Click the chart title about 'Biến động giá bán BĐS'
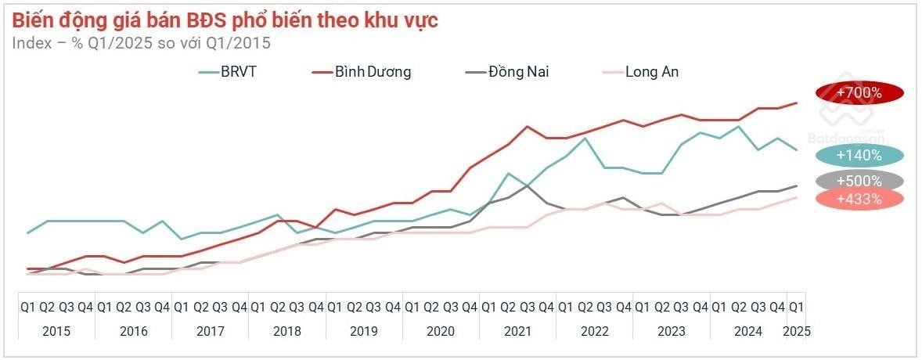[x=225, y=20]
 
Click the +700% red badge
[x=859, y=92]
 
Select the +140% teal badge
[x=859, y=155]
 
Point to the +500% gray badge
[x=859, y=181]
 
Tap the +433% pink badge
[x=859, y=199]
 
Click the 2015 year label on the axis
[x=56, y=331]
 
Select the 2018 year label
[x=286, y=331]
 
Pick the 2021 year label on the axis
[x=517, y=331]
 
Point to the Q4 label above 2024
[x=777, y=307]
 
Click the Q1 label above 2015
[x=27, y=307]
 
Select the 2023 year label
[x=671, y=331]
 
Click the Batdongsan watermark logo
[x=845, y=125]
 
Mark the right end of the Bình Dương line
[x=797, y=103]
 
